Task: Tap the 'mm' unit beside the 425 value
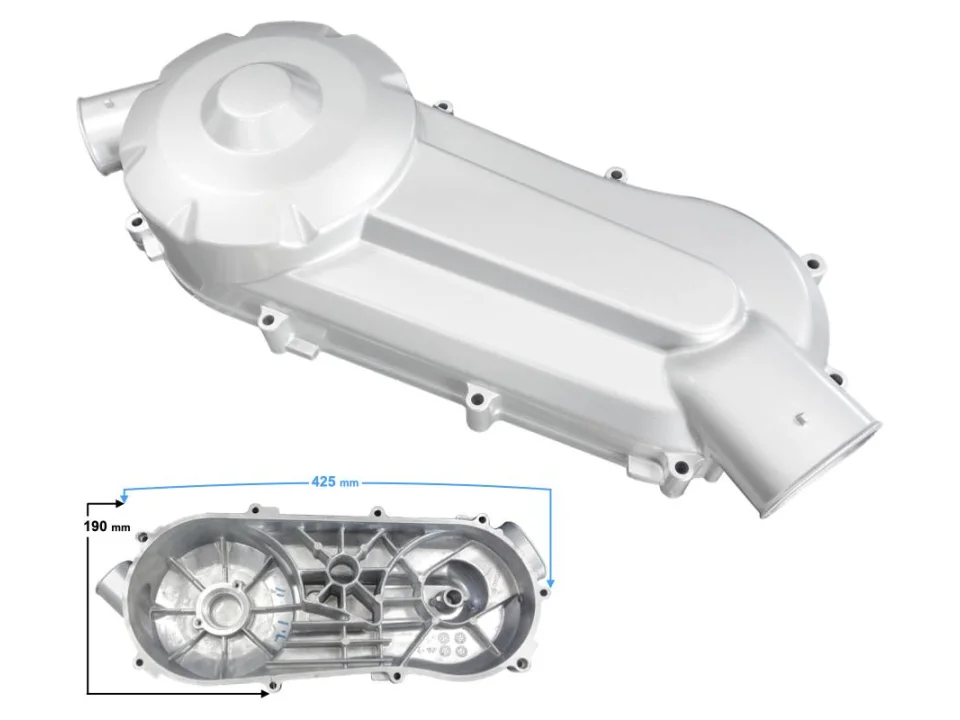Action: [x=349, y=483]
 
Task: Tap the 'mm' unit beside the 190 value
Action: [x=121, y=527]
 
